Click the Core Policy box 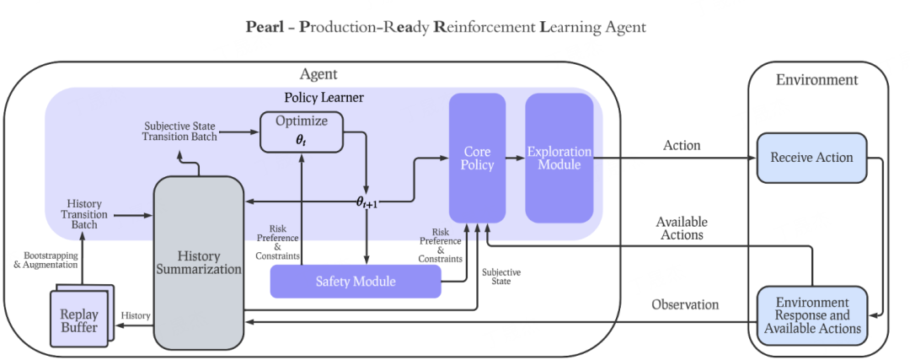(477, 158)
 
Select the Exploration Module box (559, 158)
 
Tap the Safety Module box (355, 281)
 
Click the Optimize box (301, 132)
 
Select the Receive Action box (811, 158)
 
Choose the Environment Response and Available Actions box (811, 314)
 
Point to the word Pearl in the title (265, 27)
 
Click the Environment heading (816, 80)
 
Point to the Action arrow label (682, 145)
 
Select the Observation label (685, 304)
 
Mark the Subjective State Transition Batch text (179, 131)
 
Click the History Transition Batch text (84, 215)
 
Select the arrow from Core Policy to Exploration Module (515, 158)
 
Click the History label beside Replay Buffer (135, 315)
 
